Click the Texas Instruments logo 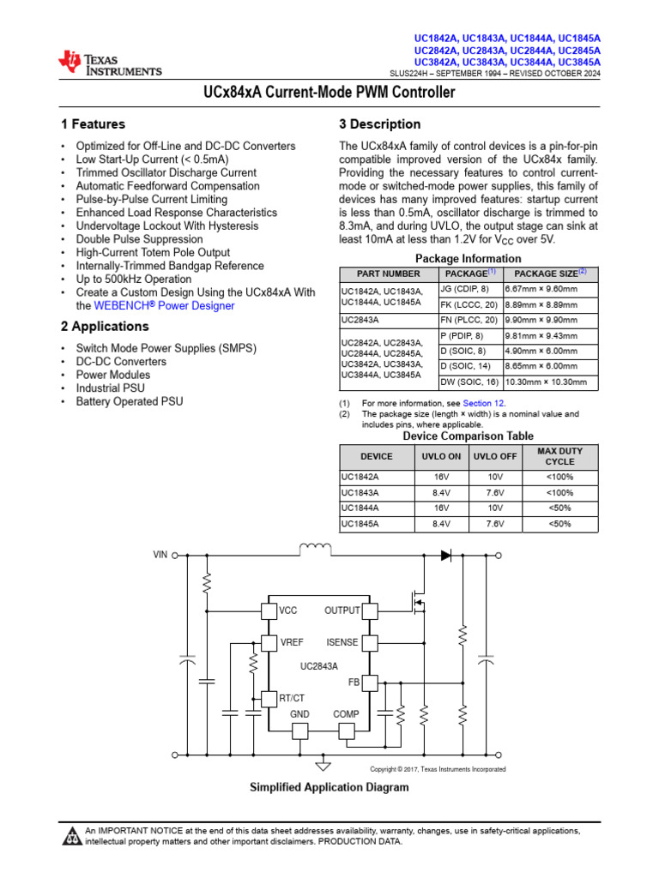click(109, 63)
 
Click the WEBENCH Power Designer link click(164, 306)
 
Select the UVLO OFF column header click(495, 456)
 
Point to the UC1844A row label click(361, 508)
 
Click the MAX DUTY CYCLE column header click(560, 456)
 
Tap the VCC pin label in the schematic click(288, 611)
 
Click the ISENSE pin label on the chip click(342, 642)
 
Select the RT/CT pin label click(292, 699)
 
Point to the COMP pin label click(346, 714)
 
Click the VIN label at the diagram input click(160, 555)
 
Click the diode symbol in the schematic click(446, 555)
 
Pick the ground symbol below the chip click(323, 764)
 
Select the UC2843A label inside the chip click(319, 665)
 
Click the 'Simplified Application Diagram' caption click(329, 787)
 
